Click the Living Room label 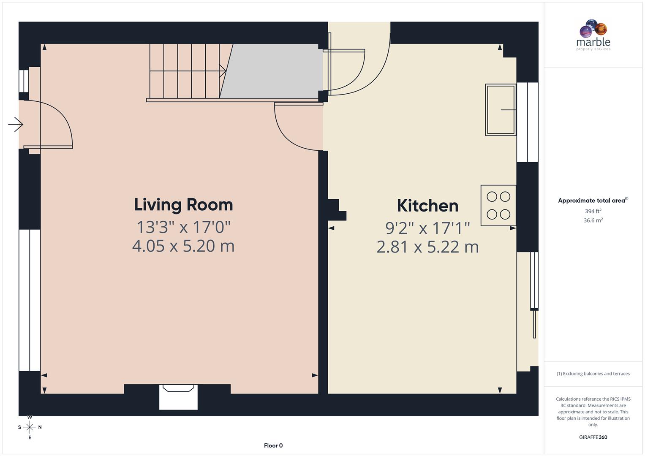[183, 205]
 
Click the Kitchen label [427, 206]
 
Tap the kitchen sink [501, 110]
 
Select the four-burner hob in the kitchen [498, 205]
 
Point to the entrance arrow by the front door [16, 125]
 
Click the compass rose [30, 427]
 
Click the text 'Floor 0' [273, 445]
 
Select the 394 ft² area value [593, 211]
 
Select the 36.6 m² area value [593, 220]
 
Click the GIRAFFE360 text [593, 437]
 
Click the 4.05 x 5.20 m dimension [183, 246]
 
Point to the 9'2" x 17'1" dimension [427, 228]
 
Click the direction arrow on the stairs [222, 71]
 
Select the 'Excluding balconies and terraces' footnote [593, 374]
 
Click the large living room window [30, 300]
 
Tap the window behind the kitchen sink [528, 122]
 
